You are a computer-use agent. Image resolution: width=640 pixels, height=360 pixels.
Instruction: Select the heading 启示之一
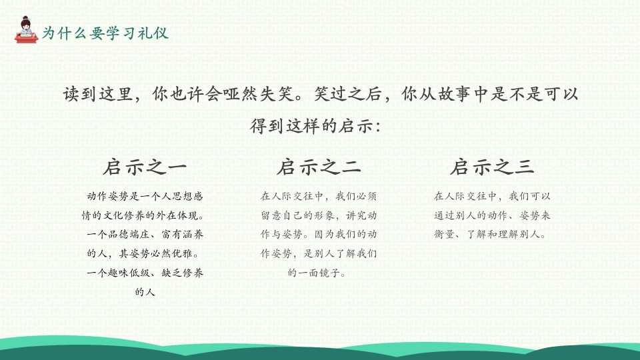click(x=145, y=167)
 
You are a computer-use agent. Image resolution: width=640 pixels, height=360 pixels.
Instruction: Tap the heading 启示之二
click(x=319, y=167)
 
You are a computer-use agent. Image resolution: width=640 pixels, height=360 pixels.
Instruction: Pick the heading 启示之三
click(x=492, y=167)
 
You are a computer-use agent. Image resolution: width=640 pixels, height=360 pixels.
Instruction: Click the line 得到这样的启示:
click(x=319, y=126)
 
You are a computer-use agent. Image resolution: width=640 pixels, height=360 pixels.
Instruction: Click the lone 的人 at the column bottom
click(x=145, y=292)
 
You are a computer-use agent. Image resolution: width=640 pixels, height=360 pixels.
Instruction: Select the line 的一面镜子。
click(x=319, y=273)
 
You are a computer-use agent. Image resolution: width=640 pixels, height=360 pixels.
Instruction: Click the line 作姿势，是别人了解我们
click(x=319, y=254)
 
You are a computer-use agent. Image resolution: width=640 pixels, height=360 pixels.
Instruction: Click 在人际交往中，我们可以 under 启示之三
click(x=492, y=196)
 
